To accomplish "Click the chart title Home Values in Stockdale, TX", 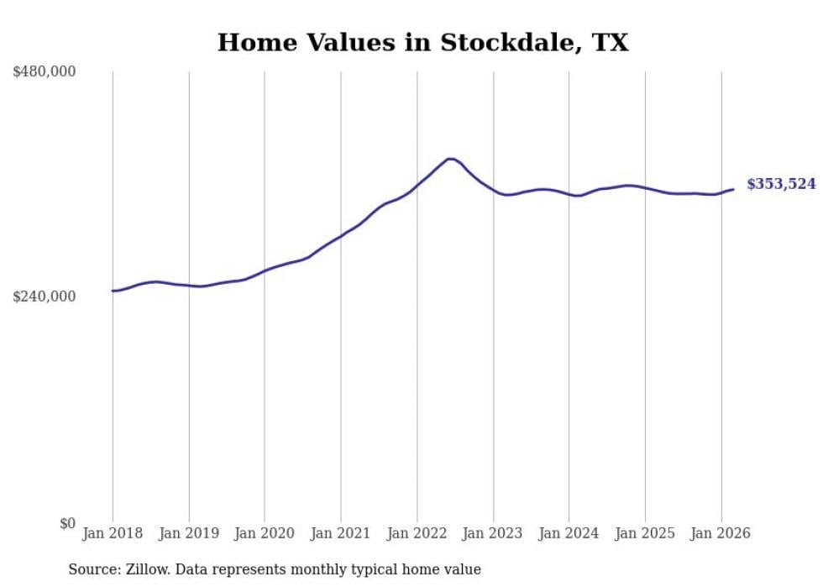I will [x=422, y=43].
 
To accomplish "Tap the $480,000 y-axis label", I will [x=45, y=72].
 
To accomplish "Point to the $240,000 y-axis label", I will [x=45, y=296].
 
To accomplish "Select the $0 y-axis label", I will [x=67, y=523].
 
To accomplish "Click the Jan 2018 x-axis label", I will [x=113, y=533].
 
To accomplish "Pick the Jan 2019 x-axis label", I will [x=189, y=533].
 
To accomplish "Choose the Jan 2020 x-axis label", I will [x=265, y=533].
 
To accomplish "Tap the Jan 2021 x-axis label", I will [x=341, y=533].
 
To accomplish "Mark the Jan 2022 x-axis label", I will [x=417, y=533].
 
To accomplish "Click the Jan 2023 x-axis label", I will [x=493, y=533].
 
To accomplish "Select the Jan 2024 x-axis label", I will [x=569, y=533].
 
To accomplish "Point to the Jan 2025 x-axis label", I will [x=645, y=533].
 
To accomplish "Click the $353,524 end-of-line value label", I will [x=781, y=184].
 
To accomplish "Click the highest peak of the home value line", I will [x=450, y=159].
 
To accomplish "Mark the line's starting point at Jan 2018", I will [x=113, y=291].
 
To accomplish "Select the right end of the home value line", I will [x=733, y=189].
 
